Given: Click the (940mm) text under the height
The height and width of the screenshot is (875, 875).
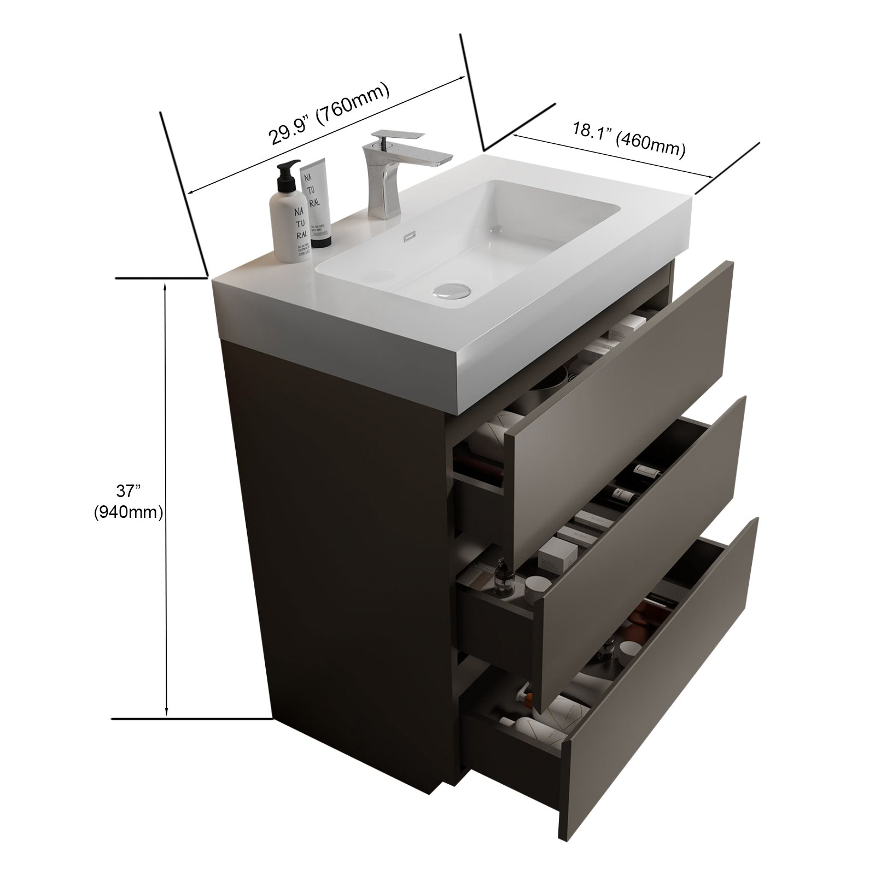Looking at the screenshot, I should click(129, 512).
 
